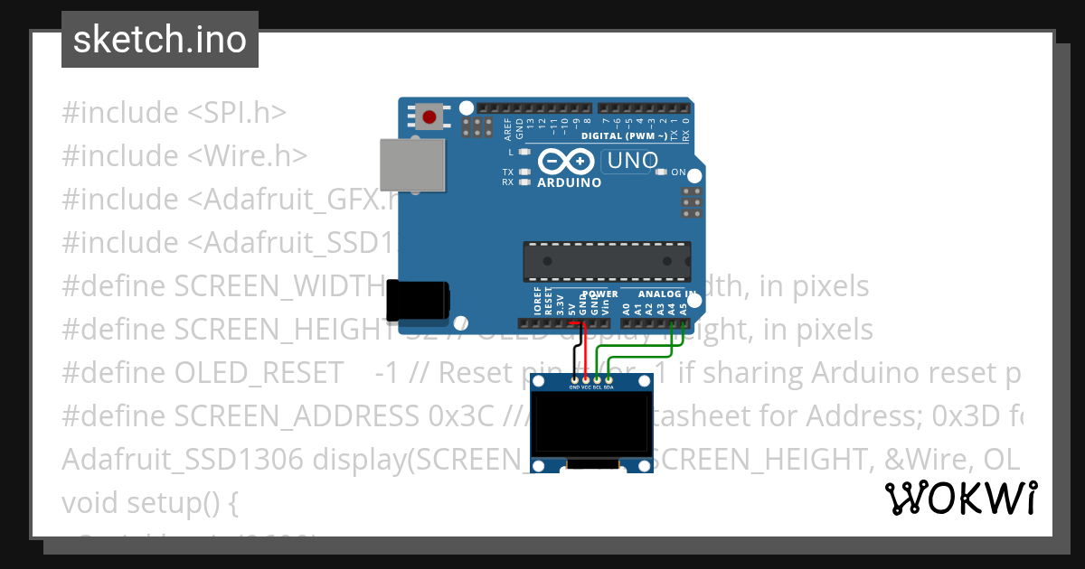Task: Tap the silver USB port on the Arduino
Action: [412, 164]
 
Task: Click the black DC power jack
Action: [417, 301]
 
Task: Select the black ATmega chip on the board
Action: [607, 261]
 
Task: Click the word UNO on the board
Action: [632, 163]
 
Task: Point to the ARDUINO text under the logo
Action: [570, 182]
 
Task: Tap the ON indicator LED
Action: [661, 172]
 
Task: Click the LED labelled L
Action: [524, 152]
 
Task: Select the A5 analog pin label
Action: [684, 308]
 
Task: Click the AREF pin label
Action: [508, 127]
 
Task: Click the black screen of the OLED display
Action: [592, 424]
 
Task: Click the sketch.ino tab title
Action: [160, 40]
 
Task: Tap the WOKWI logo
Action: [960, 498]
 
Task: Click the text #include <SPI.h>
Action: [174, 113]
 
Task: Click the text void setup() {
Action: [149, 502]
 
